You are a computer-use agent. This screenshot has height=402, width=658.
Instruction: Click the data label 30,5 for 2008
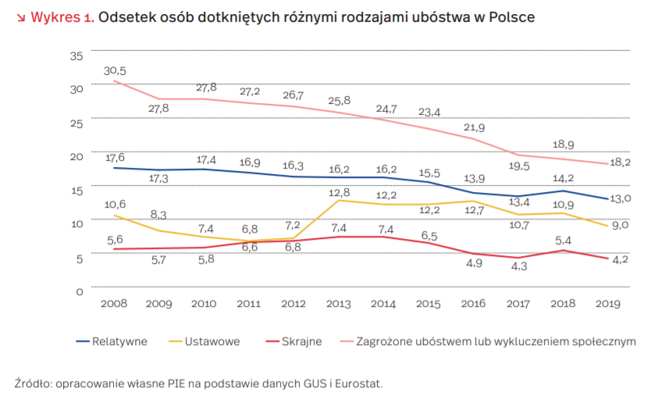point(115,71)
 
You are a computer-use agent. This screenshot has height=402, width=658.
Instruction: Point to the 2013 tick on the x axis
point(338,304)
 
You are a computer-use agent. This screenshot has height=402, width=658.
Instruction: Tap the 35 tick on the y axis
point(76,56)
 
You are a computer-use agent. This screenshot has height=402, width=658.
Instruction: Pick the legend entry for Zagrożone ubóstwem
point(495,341)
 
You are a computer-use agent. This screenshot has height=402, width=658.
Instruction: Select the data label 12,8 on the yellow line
point(338,192)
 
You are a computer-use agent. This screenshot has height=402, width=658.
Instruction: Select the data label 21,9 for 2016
point(471,127)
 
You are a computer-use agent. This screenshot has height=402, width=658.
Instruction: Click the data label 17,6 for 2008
point(115,157)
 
